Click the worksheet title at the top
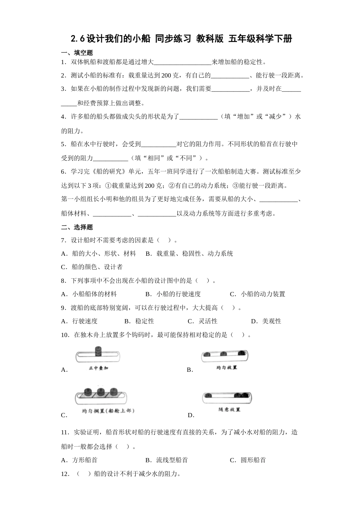click(x=181, y=39)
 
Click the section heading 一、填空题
click(x=77, y=53)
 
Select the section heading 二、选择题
click(x=77, y=227)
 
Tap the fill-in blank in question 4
click(x=198, y=117)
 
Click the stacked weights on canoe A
click(x=98, y=351)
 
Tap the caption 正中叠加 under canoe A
click(x=98, y=368)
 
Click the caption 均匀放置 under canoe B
click(x=227, y=367)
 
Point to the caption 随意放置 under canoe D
click(x=229, y=410)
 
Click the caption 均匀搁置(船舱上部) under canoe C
click(x=108, y=411)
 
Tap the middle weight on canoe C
click(x=101, y=391)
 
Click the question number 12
click(x=65, y=474)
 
